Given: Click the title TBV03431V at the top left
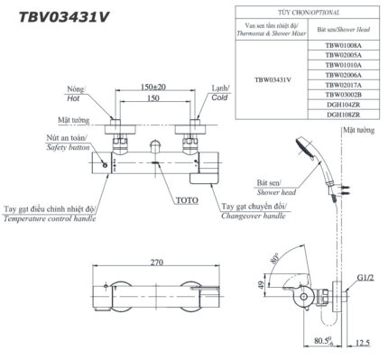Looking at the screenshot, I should (57, 15).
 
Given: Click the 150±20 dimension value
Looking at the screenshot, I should (153, 87).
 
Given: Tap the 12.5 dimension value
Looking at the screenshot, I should (364, 343).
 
